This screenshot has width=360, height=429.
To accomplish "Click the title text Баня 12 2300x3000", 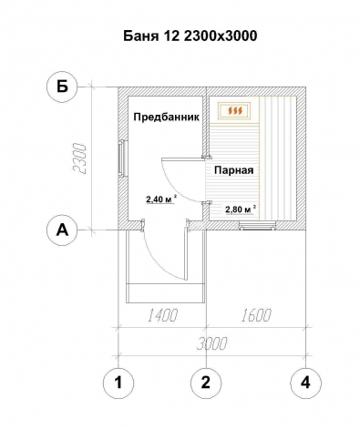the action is coord(190,36).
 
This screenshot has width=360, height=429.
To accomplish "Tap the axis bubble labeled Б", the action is coord(62,87).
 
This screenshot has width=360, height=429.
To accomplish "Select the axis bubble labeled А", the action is coord(62,230).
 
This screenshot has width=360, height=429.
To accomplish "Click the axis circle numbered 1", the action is coord(118,383).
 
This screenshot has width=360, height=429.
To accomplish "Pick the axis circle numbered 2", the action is coord(206,383).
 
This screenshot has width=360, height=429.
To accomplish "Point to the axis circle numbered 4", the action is coord(305,383).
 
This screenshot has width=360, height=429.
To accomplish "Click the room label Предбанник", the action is coord(167,117).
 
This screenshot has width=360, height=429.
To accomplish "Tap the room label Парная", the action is coord(233,170).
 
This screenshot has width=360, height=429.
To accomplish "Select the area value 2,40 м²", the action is coord(161,199).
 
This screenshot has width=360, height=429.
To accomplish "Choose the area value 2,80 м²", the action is coord(240,209).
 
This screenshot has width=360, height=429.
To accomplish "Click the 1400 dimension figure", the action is coord(162,315).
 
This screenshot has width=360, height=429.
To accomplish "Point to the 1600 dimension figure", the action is coord(256,315).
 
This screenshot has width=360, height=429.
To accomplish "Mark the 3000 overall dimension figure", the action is coord(211,343).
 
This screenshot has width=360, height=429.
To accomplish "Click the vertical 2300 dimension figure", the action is coord(79,158).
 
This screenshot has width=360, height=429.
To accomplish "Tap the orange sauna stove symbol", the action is coord(235,111).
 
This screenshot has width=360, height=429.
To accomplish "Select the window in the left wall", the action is coord(122,158).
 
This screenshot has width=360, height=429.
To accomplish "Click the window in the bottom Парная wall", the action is coord(257,225).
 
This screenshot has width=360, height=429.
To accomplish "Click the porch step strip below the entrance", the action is coord(166,293).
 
